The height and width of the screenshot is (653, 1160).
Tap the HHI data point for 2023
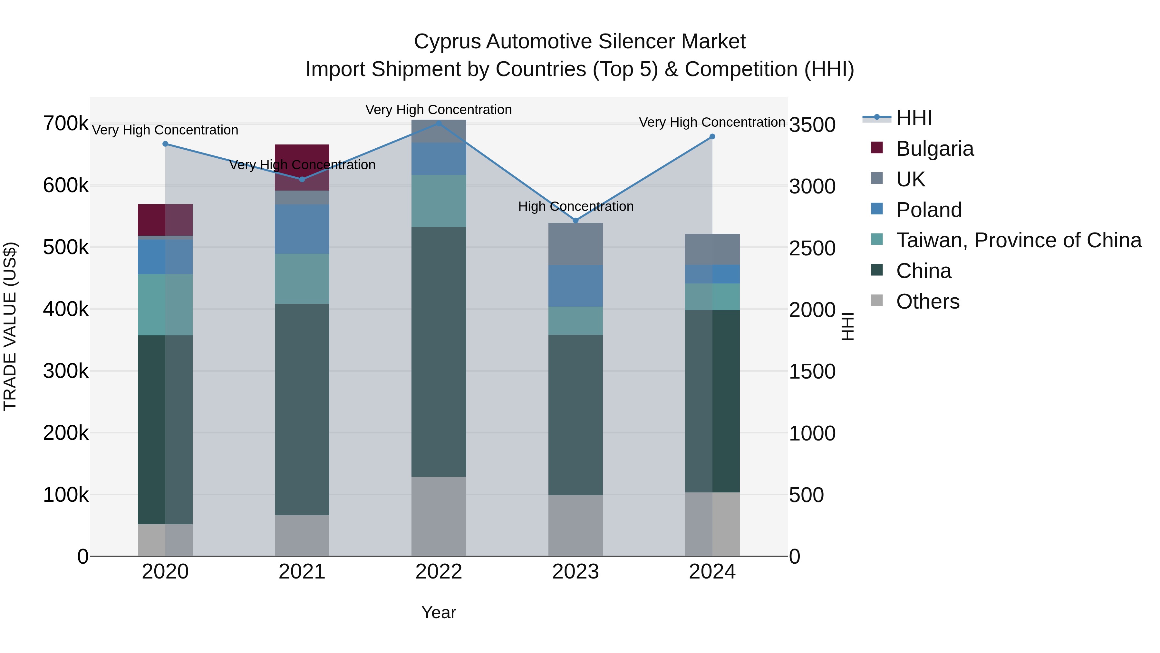pos(575,220)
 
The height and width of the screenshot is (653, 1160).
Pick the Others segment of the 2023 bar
pos(575,526)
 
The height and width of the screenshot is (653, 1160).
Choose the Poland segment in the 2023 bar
pos(575,286)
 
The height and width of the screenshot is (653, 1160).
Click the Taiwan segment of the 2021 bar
pos(302,279)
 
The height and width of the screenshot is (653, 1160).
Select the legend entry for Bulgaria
pos(934,149)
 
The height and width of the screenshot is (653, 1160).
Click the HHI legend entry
pos(914,118)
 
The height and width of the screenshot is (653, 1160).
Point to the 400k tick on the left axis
pos(66,310)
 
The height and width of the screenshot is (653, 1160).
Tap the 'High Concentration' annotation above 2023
pos(575,206)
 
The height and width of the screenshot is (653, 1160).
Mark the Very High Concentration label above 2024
pos(712,122)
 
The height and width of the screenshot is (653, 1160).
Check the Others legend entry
pos(928,302)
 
